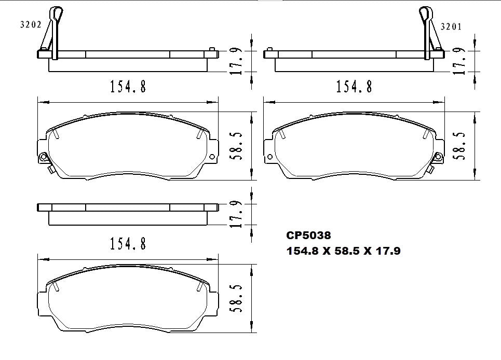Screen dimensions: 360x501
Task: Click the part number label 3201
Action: [451, 26]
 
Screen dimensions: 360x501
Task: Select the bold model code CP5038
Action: [308, 236]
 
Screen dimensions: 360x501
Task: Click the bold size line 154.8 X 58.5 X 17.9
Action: [343, 251]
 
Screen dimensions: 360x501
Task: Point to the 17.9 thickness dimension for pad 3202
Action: [237, 62]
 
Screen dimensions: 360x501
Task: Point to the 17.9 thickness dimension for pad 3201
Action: [459, 62]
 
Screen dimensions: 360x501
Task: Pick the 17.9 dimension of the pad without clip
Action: [237, 214]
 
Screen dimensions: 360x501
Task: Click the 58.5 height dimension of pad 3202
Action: [237, 145]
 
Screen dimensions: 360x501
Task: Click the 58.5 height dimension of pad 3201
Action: [459, 146]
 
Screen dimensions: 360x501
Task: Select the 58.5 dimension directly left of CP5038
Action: [237, 298]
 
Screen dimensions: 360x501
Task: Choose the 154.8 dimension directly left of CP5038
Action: [128, 243]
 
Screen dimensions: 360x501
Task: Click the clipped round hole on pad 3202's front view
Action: [44, 157]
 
